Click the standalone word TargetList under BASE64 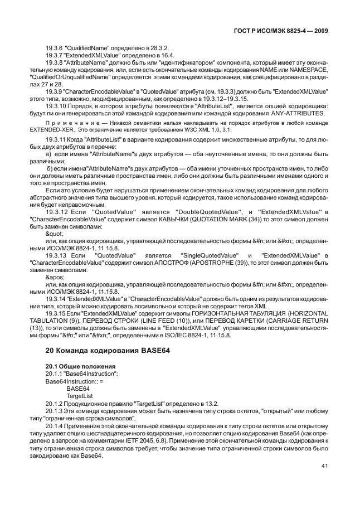click(x=78, y=395)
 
